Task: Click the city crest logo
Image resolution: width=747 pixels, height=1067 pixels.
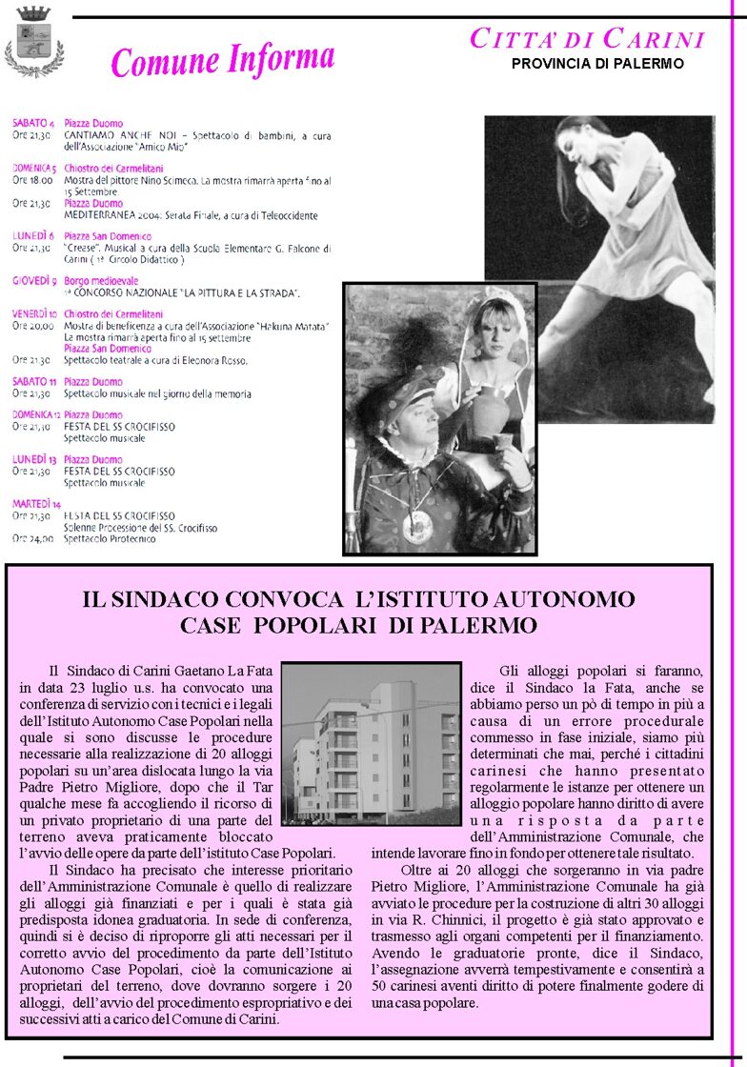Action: (x=34, y=41)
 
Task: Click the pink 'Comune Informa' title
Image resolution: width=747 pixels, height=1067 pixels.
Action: (x=223, y=61)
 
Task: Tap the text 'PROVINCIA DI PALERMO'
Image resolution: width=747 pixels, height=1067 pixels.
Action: (x=597, y=64)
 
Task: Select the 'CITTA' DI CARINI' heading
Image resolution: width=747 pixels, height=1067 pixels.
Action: (x=588, y=39)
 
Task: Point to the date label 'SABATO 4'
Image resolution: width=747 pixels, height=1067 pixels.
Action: (x=33, y=124)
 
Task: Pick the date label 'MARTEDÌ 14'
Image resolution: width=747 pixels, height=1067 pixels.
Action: (x=36, y=503)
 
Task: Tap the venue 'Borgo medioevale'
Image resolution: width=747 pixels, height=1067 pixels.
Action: (x=101, y=281)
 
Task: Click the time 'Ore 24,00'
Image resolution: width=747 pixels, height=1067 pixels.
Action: (x=31, y=538)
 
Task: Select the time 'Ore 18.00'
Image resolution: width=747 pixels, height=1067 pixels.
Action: (x=32, y=179)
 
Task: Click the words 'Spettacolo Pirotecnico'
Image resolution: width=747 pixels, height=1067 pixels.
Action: (x=106, y=538)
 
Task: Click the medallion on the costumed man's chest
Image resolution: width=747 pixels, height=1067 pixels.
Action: (x=416, y=526)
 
